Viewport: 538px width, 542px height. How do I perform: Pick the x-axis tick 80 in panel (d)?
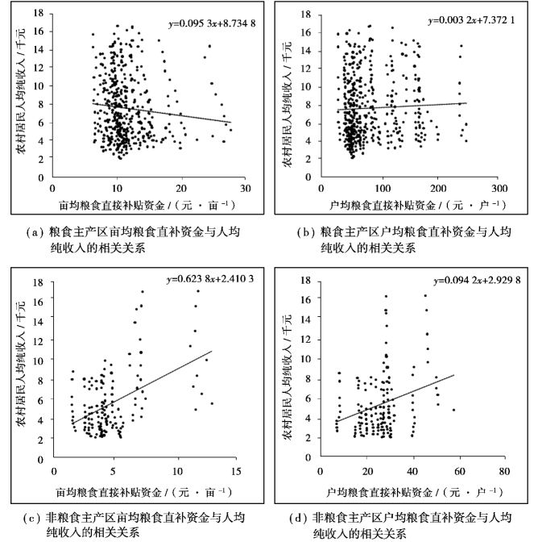pyautogui.click(x=504, y=469)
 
